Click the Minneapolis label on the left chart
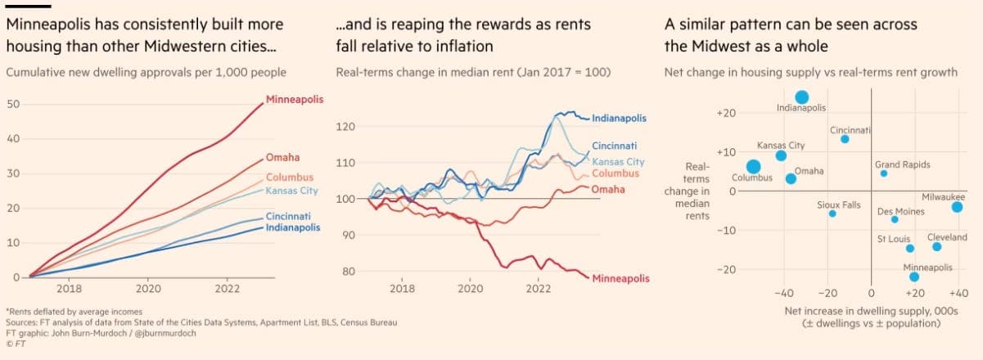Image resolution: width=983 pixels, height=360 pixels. tap(295, 100)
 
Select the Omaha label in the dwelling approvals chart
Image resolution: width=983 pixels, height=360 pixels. tap(282, 157)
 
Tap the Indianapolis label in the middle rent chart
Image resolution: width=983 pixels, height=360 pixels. tap(619, 118)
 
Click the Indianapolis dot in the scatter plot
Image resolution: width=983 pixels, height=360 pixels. tap(802, 97)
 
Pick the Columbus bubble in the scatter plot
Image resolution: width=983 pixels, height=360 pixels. tap(754, 167)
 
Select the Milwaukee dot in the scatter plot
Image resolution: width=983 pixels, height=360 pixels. tap(957, 207)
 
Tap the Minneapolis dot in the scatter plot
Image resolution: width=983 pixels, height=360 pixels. tap(914, 277)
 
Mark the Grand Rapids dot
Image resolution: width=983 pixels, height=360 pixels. tap(883, 173)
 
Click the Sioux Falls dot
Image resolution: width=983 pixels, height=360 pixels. tap(832, 214)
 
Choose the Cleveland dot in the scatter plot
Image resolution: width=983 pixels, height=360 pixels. tap(936, 246)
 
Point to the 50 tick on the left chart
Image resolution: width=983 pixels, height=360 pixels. tap(12, 105)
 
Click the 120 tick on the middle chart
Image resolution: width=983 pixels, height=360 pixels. tap(345, 127)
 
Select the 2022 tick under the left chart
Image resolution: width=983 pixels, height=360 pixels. tap(227, 289)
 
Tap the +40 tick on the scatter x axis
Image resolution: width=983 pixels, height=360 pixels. tap(957, 294)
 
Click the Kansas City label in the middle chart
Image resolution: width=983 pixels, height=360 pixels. tap(617, 162)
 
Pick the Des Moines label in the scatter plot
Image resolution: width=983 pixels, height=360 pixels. tap(900, 212)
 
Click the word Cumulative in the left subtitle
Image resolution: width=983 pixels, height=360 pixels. tap(33, 72)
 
